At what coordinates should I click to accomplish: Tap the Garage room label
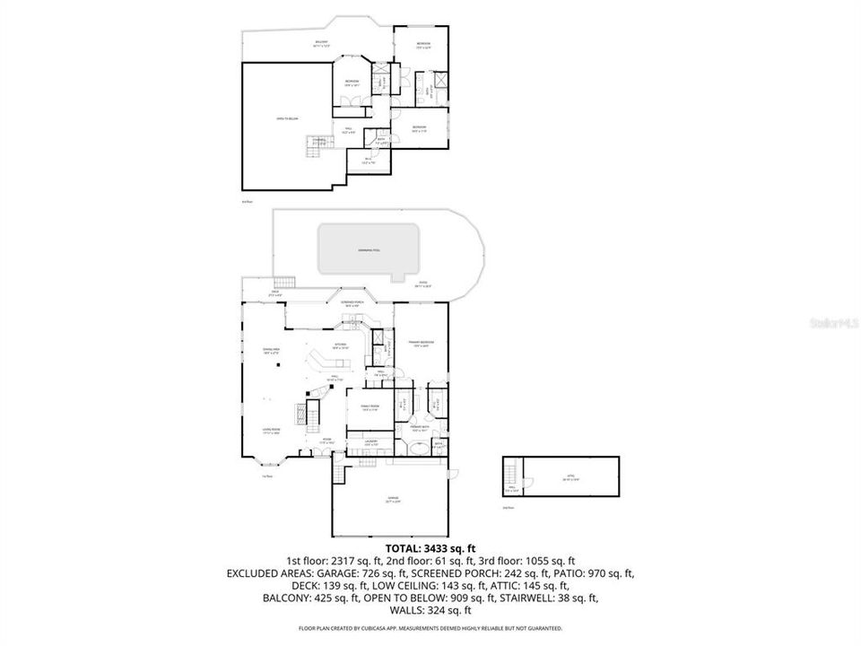pyautogui.click(x=393, y=499)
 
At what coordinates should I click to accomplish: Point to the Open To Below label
pyautogui.click(x=287, y=118)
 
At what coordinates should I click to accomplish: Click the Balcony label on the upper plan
pyautogui.click(x=321, y=43)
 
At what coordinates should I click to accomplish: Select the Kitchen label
pyautogui.click(x=341, y=345)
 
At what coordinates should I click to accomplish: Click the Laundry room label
pyautogui.click(x=370, y=442)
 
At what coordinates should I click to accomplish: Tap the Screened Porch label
pyautogui.click(x=352, y=303)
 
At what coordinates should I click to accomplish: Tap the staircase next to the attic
pyautogui.click(x=511, y=472)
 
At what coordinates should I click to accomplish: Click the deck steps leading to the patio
pyautogui.click(x=285, y=280)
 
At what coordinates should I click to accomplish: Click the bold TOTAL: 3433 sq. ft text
pyautogui.click(x=430, y=547)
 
